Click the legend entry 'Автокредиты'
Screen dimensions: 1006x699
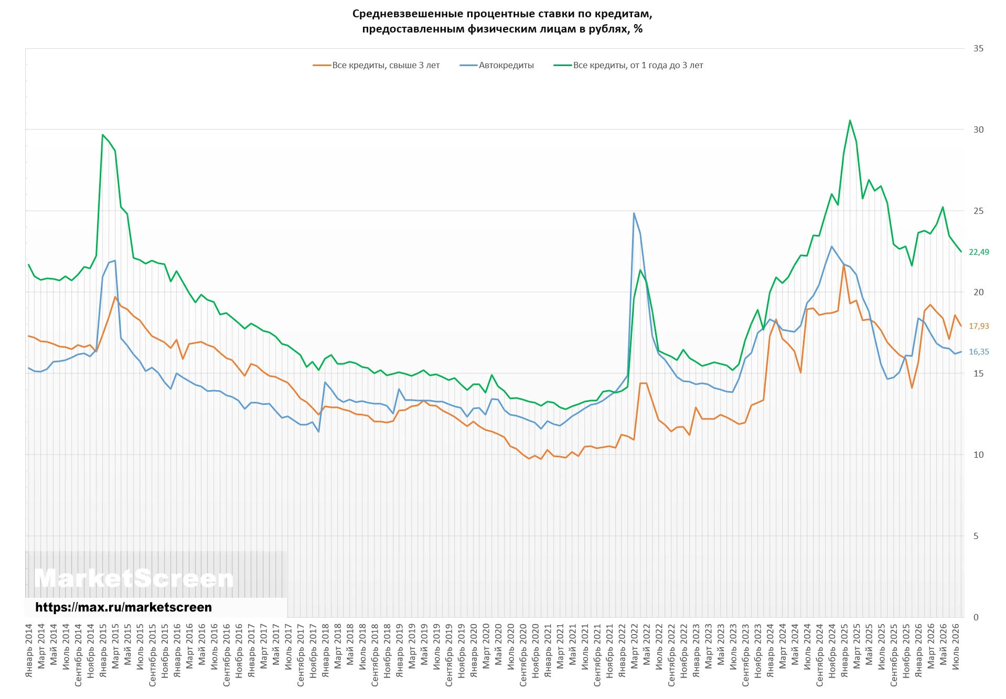tap(497, 66)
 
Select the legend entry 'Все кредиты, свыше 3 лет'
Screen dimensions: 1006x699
tap(376, 66)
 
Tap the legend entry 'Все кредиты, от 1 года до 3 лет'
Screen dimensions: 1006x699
tap(628, 66)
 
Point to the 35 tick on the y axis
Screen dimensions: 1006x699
tap(978, 48)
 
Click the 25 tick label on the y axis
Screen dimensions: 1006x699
tap(978, 211)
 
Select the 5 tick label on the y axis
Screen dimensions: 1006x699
tap(976, 536)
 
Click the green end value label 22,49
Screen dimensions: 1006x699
tap(979, 252)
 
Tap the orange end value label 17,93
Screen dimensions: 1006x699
tap(979, 326)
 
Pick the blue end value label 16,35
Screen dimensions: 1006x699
tap(979, 352)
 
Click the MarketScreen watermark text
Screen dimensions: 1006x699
tap(134, 579)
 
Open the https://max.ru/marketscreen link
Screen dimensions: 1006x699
tap(124, 607)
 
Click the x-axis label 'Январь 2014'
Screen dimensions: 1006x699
tap(29, 650)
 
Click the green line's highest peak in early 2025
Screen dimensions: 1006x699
tap(850, 121)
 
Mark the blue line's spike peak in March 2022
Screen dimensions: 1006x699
tap(634, 213)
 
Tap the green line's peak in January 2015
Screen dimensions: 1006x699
tap(103, 135)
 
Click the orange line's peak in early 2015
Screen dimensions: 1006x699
tap(115, 297)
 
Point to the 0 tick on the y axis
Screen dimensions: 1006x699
tap(976, 617)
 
